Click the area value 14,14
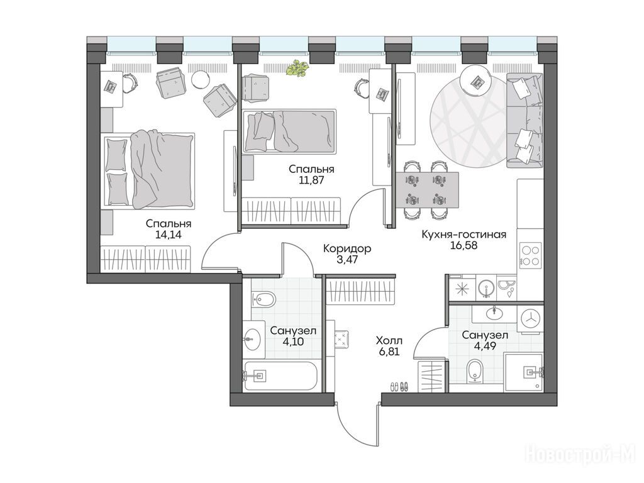[x=169, y=235]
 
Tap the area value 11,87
[x=311, y=180]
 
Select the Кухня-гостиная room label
[x=464, y=235]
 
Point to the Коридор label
[x=347, y=248]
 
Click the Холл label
[x=389, y=340]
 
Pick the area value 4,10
[x=293, y=341]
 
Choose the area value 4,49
[x=485, y=346]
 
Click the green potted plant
[x=296, y=68]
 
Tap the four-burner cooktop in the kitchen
[x=531, y=255]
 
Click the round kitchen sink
[x=486, y=288]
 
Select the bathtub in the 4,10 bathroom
[x=280, y=375]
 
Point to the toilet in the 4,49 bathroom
[x=475, y=370]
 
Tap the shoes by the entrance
[x=399, y=386]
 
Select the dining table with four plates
[x=427, y=190]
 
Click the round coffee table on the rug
[x=475, y=81]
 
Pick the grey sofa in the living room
[x=525, y=120]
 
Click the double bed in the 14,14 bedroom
[x=149, y=170]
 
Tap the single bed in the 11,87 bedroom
[x=289, y=131]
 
